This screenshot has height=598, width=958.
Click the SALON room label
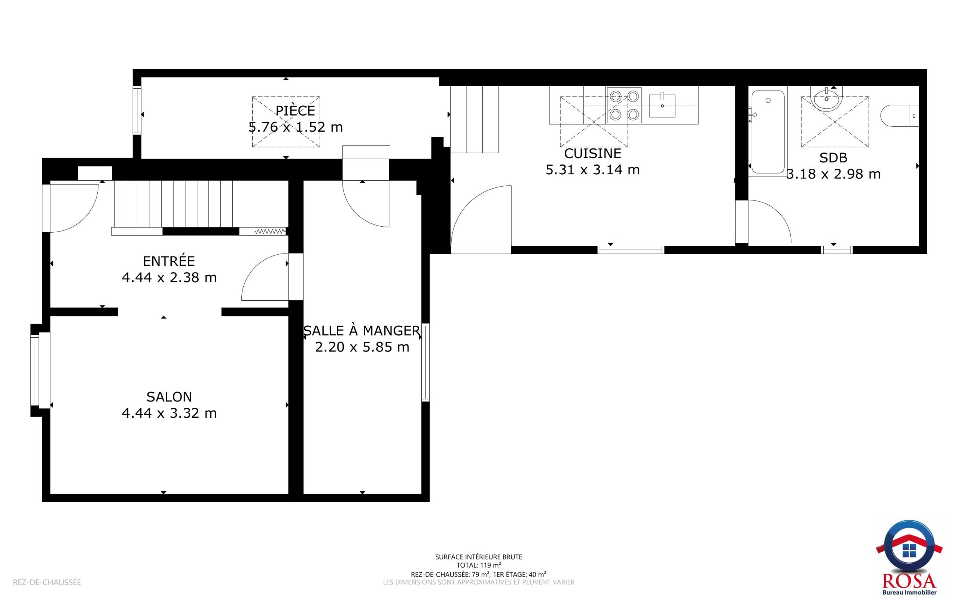(169, 397)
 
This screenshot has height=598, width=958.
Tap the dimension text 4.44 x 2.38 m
(169, 277)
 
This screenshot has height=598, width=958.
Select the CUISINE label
(592, 153)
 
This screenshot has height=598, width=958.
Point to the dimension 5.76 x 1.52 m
(295, 127)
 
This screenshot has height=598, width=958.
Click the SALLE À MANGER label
(361, 330)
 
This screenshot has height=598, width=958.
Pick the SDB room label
(833, 158)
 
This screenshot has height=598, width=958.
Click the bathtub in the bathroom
(768, 132)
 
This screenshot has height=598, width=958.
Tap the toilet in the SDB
(899, 116)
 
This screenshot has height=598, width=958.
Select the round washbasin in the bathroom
(827, 99)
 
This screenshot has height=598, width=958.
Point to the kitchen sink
(662, 105)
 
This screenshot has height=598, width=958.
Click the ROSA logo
(909, 557)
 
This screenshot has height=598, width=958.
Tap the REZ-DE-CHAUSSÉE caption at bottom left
(47, 582)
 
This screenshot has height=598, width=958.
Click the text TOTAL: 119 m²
(479, 565)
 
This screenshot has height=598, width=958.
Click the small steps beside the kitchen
(474, 119)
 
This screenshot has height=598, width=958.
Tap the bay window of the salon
(40, 370)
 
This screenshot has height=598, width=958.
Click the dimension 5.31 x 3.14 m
(592, 170)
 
